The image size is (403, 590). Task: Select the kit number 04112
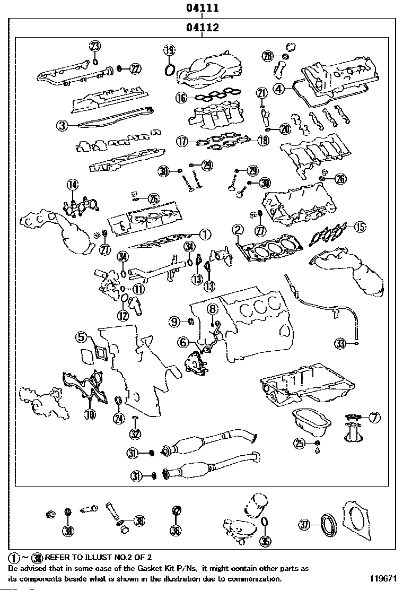pos(202,28)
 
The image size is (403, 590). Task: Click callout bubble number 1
pos(205,233)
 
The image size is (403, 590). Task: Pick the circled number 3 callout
pos(62,126)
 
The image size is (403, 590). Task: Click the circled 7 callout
pos(374,418)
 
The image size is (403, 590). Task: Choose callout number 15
pos(360,228)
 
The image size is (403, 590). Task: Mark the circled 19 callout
pos(169,50)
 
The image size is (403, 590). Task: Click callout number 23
pos(95,46)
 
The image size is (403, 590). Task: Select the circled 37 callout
pos(304,525)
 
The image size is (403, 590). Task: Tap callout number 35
pos(266,542)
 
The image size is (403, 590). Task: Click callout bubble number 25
pos(301,444)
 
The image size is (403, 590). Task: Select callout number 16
pos(181,98)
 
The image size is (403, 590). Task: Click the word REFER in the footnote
pos(57,557)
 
